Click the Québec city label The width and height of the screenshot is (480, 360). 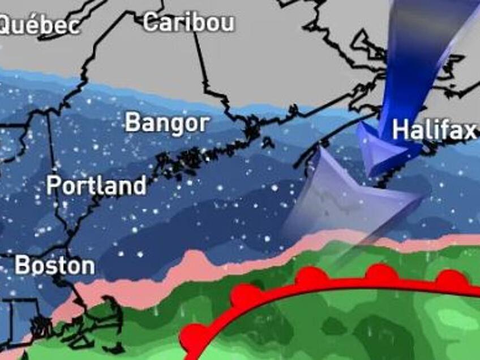[x=38, y=25]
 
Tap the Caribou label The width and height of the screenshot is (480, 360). [x=188, y=23]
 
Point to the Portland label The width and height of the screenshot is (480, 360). [x=96, y=185]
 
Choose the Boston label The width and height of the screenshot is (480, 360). [x=54, y=265]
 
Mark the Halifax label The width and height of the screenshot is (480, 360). [x=435, y=130]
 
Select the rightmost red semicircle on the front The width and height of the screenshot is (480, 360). [x=451, y=279]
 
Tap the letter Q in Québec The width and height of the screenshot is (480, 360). [x=7, y=25]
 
